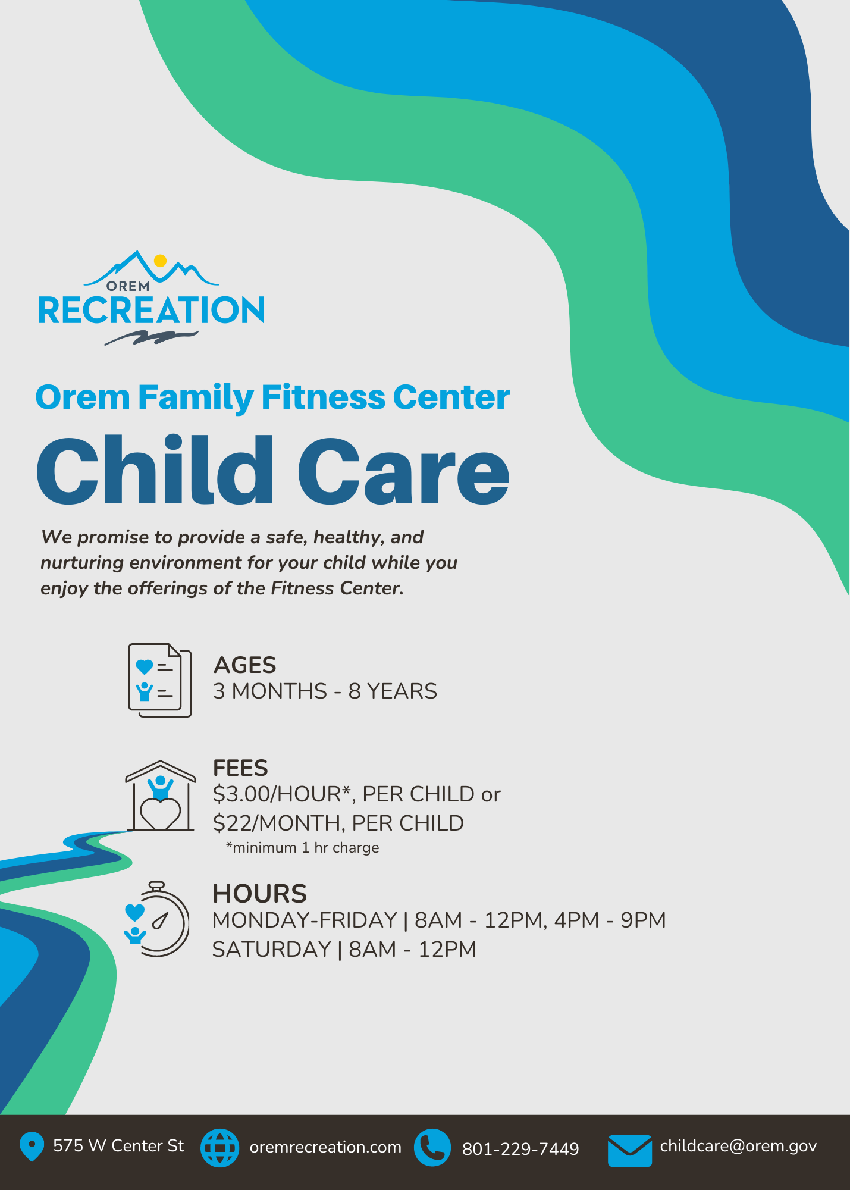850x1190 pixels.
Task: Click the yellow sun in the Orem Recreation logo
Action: [x=160, y=261]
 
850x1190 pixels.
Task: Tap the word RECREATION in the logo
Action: [x=152, y=311]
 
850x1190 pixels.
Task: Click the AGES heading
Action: [x=244, y=665]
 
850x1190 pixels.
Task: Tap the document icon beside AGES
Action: [x=160, y=680]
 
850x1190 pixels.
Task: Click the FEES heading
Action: [x=240, y=768]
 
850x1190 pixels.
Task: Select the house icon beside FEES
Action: [x=160, y=795]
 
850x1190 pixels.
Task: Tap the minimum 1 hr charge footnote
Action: [x=303, y=847]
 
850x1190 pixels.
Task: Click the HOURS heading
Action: [x=260, y=894]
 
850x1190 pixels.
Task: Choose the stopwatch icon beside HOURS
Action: [x=157, y=919]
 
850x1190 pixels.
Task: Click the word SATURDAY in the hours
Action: [x=272, y=949]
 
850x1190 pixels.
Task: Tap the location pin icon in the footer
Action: [x=32, y=1146]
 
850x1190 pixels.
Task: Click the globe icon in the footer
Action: [x=220, y=1148]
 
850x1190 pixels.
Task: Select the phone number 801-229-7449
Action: [x=520, y=1149]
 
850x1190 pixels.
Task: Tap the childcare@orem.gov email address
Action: [x=738, y=1147]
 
